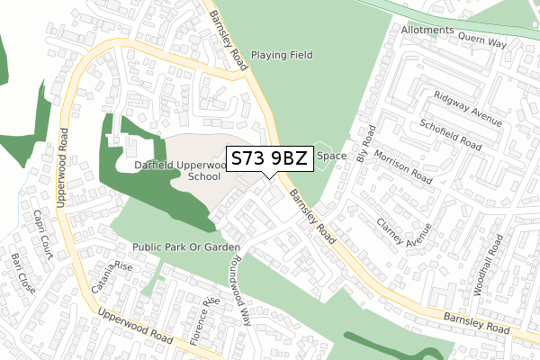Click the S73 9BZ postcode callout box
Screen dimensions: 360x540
tap(270, 159)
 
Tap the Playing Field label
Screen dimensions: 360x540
tap(282, 55)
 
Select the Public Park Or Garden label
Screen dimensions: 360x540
tap(186, 247)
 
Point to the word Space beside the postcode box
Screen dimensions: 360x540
tap(330, 156)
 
